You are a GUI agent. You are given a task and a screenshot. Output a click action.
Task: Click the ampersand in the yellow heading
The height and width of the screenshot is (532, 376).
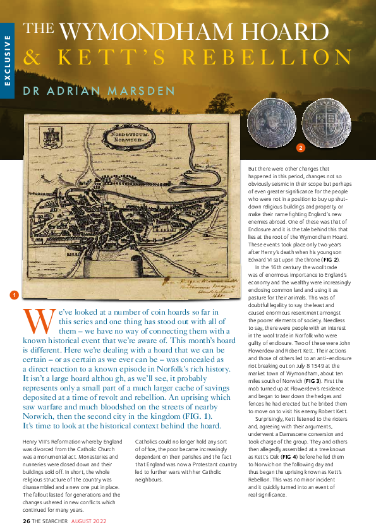click(31, 57)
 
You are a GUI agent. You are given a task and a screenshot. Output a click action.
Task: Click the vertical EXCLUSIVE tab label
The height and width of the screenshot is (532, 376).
click(8, 61)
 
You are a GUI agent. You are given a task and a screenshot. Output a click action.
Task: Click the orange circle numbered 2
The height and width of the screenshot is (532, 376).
click(301, 149)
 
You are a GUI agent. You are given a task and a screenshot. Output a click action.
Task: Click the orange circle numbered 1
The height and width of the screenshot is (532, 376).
click(13, 294)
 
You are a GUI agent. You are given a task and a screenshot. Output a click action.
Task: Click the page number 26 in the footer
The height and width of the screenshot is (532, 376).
click(26, 521)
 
